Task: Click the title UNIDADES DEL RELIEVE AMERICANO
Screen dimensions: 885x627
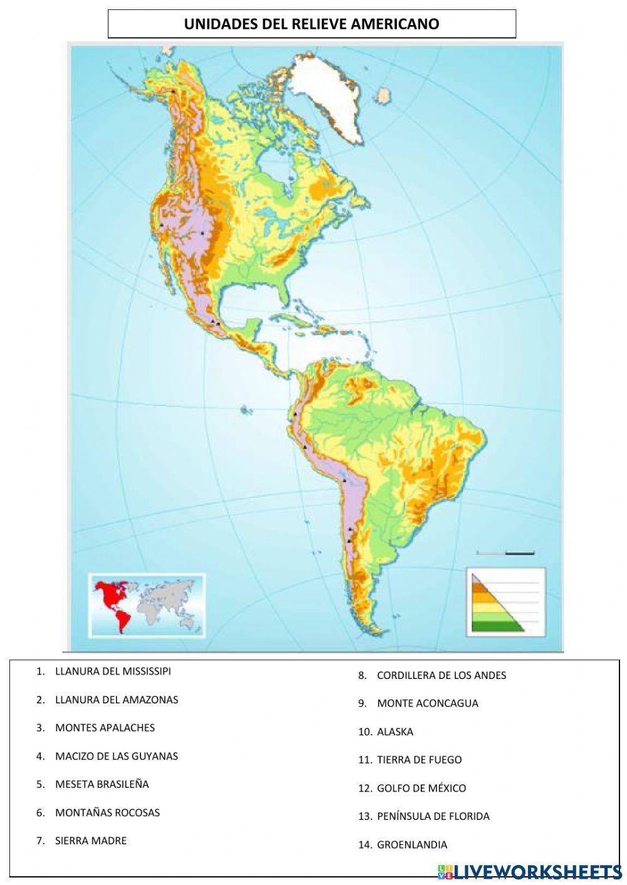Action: pyautogui.click(x=312, y=24)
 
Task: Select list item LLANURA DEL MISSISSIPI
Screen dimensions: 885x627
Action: pyautogui.click(x=113, y=671)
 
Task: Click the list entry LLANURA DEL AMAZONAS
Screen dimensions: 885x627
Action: pyautogui.click(x=117, y=700)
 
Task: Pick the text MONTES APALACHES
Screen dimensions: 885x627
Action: pyautogui.click(x=105, y=727)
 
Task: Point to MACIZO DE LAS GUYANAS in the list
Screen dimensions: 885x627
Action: pyautogui.click(x=117, y=756)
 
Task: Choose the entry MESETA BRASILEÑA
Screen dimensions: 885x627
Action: pyautogui.click(x=102, y=784)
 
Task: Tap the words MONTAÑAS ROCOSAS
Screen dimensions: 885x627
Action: pyautogui.click(x=107, y=812)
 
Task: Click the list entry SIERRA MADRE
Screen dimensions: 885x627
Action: pyautogui.click(x=91, y=841)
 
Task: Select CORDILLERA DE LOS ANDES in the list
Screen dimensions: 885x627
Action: pyautogui.click(x=441, y=675)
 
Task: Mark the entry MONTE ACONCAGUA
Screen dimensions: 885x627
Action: pyautogui.click(x=428, y=703)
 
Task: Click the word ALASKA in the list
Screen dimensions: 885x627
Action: pyautogui.click(x=395, y=732)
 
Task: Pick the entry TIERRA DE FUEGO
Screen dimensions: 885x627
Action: pyautogui.click(x=419, y=760)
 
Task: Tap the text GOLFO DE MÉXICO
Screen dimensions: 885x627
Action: pyautogui.click(x=421, y=788)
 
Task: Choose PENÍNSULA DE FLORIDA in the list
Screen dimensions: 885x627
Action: pyautogui.click(x=433, y=816)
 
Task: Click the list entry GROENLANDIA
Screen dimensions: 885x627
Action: pyautogui.click(x=412, y=844)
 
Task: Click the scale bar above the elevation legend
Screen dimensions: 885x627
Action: pyautogui.click(x=505, y=553)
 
